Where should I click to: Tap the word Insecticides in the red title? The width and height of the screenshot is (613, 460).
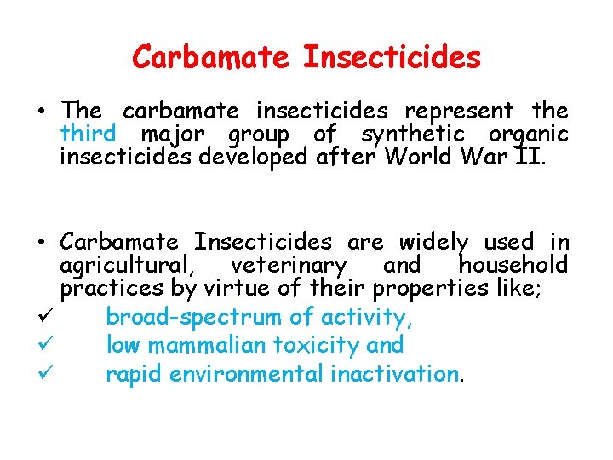pyautogui.click(x=392, y=58)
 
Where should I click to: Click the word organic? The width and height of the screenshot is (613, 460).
pyautogui.click(x=528, y=134)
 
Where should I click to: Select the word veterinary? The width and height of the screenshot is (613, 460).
pyautogui.click(x=288, y=266)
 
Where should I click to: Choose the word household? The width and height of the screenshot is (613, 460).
pyautogui.click(x=513, y=266)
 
